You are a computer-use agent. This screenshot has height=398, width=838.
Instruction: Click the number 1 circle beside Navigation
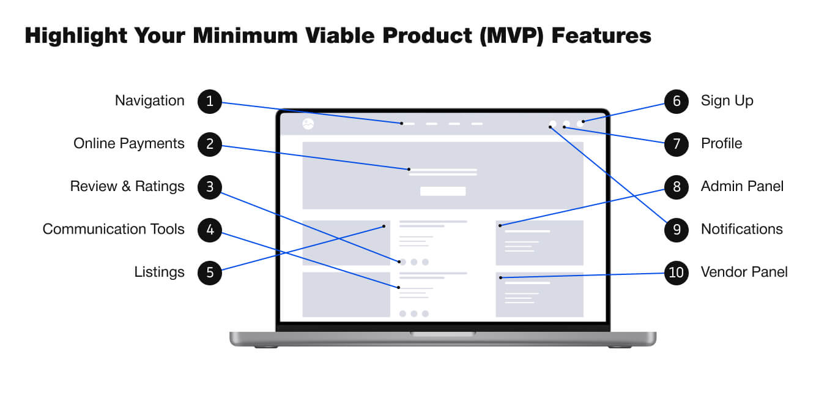[210, 101]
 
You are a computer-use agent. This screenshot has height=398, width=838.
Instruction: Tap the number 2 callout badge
[210, 144]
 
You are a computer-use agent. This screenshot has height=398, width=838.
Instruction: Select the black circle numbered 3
[210, 187]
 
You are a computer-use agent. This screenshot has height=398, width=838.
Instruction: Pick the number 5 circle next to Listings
[210, 272]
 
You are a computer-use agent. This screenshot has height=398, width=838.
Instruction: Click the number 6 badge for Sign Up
[677, 101]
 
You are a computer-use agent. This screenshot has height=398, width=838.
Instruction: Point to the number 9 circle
[677, 230]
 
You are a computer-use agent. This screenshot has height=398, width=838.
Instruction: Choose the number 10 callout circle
[677, 272]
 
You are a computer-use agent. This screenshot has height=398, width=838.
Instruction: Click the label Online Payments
[128, 144]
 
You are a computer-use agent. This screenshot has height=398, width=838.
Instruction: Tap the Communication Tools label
[113, 229]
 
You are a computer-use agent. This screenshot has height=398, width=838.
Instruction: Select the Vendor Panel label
[744, 272]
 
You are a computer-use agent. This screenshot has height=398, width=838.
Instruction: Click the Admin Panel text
[742, 186]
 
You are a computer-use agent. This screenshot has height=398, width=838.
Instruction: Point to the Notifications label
[742, 229]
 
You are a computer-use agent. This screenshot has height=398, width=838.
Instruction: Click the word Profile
[722, 143]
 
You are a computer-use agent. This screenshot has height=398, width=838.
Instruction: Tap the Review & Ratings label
[127, 187]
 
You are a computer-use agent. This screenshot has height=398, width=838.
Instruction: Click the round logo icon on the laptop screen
[308, 124]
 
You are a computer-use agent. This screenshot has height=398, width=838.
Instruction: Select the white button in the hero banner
[443, 191]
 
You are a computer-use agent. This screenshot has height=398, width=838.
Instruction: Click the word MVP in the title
[511, 36]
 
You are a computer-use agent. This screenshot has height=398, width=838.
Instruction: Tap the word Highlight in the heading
[76, 36]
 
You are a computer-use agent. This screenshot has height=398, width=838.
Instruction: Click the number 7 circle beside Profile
[677, 144]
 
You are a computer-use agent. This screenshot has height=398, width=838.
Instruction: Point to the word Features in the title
[601, 36]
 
